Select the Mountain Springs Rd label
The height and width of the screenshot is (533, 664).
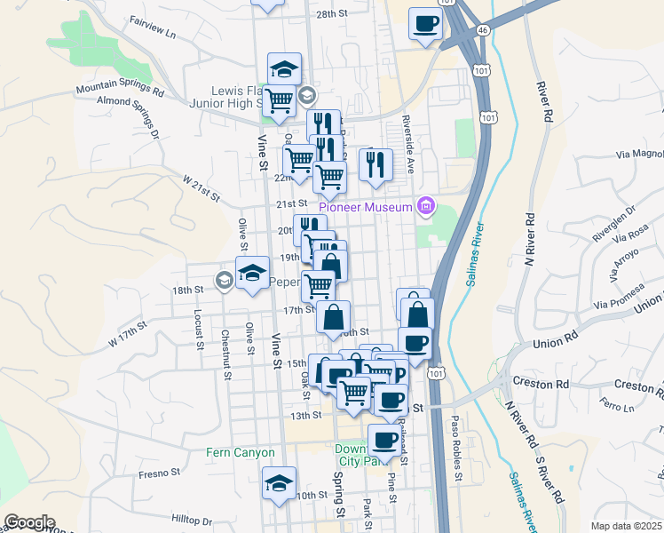coord(120,90)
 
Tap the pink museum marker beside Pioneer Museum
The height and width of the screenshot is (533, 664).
coord(427,207)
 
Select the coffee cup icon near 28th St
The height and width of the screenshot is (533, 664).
coord(425,23)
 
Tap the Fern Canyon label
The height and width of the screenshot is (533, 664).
coord(241,452)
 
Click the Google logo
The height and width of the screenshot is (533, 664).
coord(29,522)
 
